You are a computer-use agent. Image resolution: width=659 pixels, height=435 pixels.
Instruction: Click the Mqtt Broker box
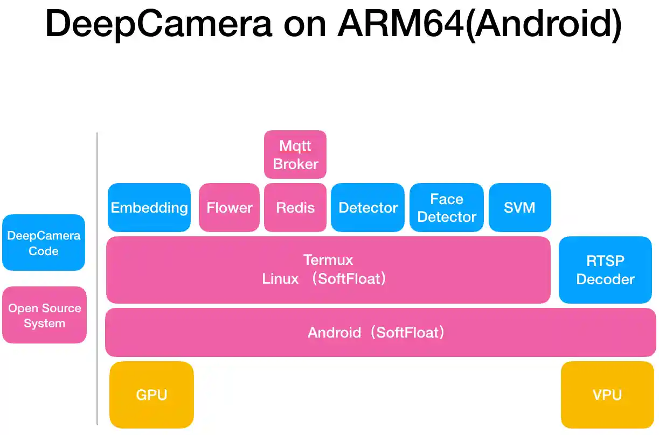pos(295,155)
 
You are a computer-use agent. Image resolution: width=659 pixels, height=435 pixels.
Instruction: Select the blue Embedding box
pos(149,208)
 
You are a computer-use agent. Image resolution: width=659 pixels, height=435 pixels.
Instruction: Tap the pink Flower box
pos(229,208)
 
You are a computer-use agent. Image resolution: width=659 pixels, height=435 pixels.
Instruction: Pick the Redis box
pos(295,208)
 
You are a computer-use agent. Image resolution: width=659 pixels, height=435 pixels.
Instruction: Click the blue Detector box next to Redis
pos(367,208)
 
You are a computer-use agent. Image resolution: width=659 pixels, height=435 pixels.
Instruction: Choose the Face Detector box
pos(447,208)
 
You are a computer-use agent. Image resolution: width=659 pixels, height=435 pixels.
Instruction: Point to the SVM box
pos(519,208)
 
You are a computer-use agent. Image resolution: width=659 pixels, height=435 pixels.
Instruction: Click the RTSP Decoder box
pos(605,270)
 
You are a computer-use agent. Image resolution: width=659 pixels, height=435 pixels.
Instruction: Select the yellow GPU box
pos(151,395)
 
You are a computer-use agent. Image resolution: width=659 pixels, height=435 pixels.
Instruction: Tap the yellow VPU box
pos(607,395)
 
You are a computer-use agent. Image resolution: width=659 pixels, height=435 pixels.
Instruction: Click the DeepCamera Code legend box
pos(44,243)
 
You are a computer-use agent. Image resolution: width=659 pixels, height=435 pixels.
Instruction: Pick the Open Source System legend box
pos(44,315)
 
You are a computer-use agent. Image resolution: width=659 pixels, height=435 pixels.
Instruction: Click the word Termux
pos(328,260)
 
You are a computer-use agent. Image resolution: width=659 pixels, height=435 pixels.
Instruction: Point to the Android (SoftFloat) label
pos(377,333)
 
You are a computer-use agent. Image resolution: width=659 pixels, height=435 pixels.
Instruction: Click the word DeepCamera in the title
pos(158,24)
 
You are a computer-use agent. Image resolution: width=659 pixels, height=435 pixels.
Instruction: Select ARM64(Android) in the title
pos(480,24)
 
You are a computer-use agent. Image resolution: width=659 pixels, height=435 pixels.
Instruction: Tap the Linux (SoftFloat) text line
pos(324,279)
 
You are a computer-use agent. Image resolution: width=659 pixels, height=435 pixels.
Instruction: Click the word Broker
pos(295,164)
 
